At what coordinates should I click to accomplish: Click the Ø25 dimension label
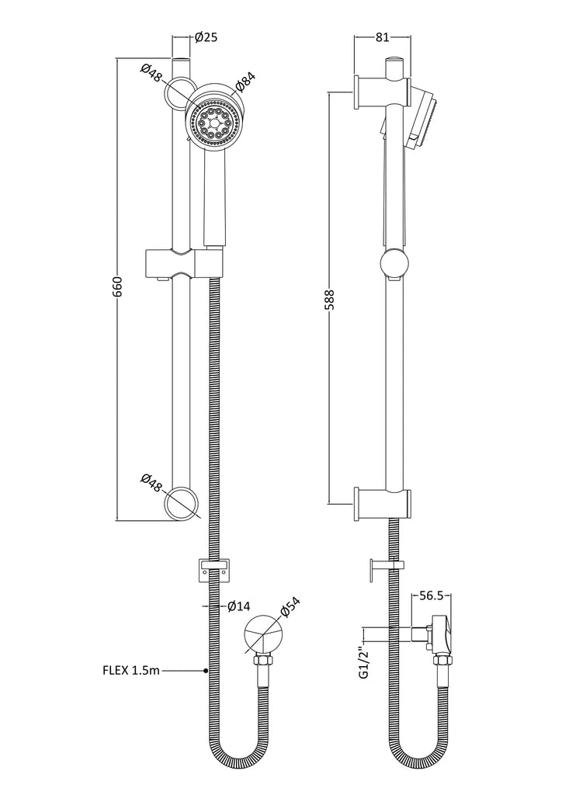coord(206,37)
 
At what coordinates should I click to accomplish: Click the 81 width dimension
coord(383,37)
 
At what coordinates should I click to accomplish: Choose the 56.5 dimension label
coord(431,595)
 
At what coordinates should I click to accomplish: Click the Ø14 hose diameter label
coord(239,606)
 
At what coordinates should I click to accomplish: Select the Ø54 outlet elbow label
coord(290,606)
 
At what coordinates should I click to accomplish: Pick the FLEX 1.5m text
coord(131,671)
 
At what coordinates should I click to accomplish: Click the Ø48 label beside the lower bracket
coord(151,483)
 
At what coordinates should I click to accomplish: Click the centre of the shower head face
coord(213,122)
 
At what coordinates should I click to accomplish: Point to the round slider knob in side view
coord(394,263)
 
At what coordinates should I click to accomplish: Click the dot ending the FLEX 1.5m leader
coord(206,671)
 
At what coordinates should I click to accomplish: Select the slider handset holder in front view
coord(184,263)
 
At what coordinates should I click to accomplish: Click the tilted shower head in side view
coord(425,119)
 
